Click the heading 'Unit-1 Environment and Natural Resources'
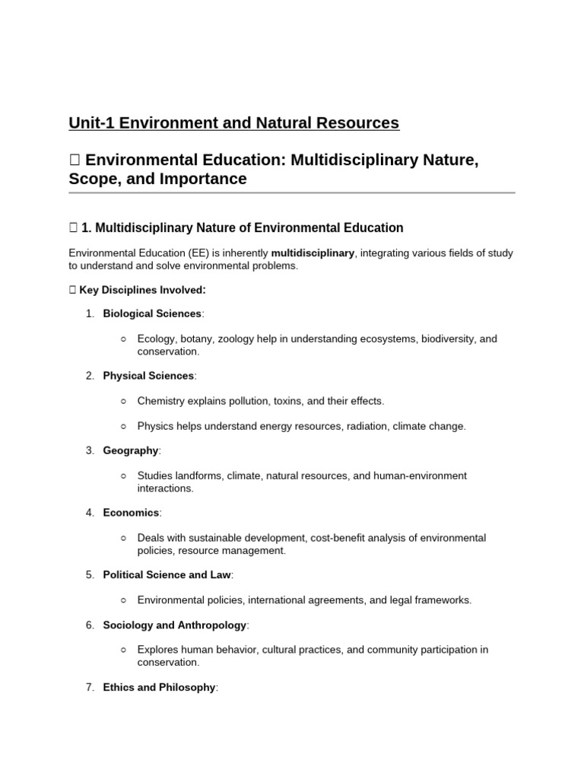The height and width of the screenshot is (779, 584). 233,122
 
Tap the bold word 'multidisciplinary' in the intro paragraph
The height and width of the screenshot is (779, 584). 313,253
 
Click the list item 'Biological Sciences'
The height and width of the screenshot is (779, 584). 152,313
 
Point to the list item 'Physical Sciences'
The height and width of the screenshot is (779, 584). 148,376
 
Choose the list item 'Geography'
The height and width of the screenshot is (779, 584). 131,450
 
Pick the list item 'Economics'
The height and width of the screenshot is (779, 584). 132,513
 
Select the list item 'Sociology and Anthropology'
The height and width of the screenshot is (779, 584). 175,625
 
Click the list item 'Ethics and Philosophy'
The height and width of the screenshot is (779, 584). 159,687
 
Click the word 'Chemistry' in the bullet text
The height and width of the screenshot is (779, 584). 160,401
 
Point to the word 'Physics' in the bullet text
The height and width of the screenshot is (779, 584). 154,426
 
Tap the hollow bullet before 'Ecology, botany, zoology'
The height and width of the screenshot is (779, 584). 124,339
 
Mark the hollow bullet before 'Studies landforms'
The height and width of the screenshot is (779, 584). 124,475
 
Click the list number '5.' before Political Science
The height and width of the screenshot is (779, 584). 90,575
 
